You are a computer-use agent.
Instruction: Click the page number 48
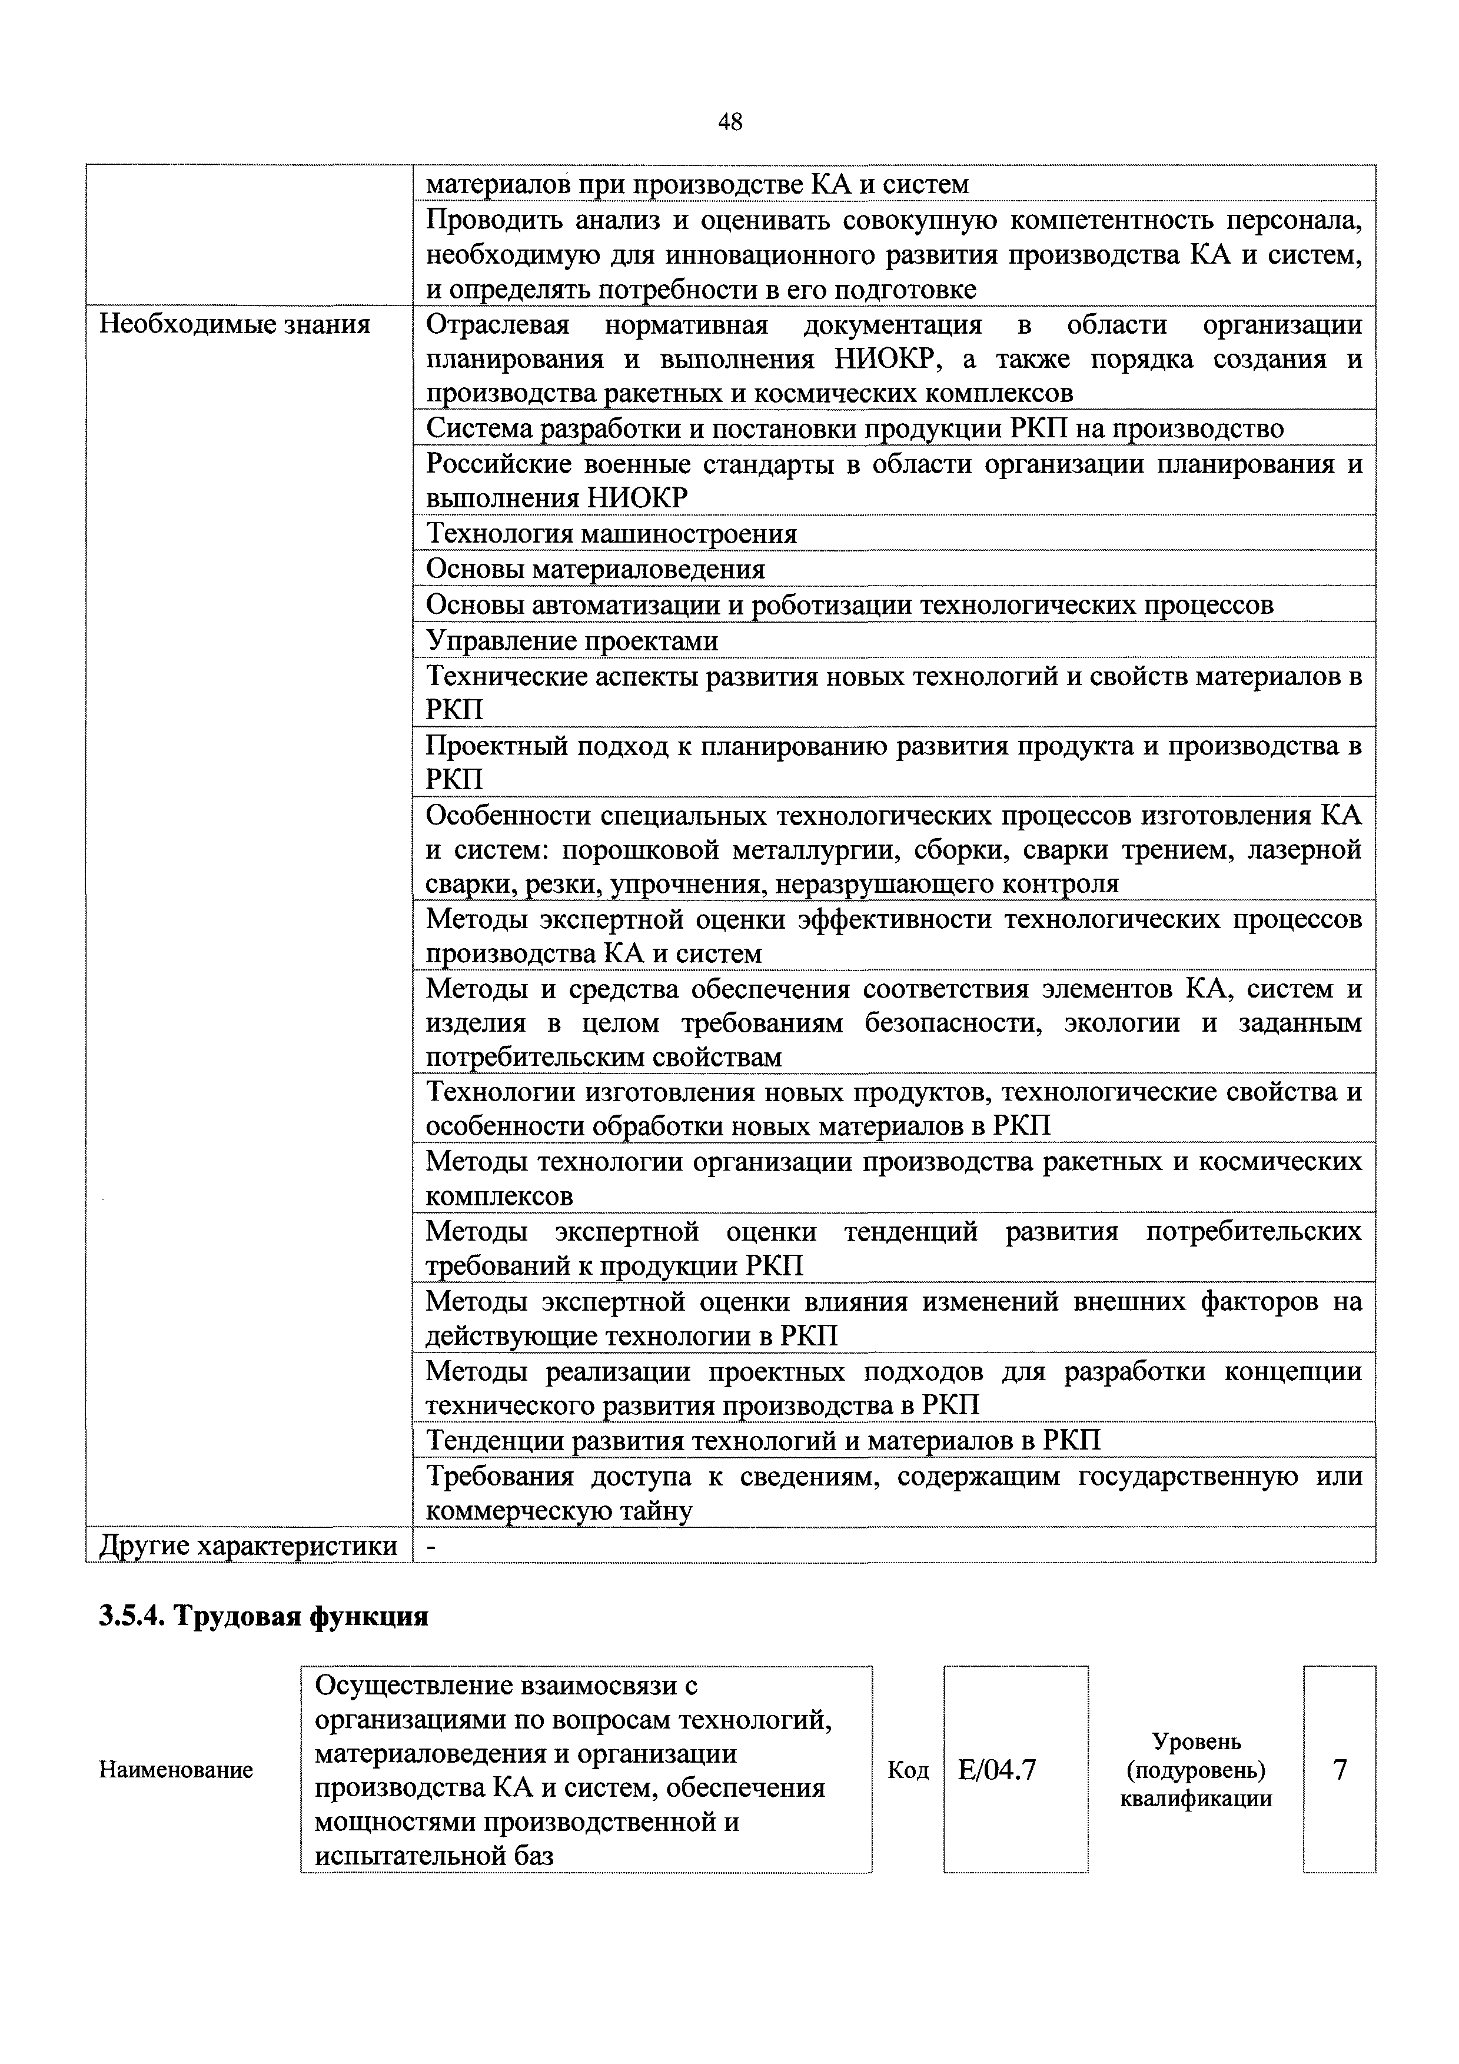[730, 122]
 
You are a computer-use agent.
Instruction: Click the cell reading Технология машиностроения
[611, 534]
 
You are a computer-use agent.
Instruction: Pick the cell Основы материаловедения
[595, 569]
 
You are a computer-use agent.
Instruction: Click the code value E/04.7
[997, 1770]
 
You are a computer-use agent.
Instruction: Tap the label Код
[908, 1770]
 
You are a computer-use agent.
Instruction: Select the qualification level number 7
[1340, 1770]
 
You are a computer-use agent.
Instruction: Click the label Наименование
[176, 1770]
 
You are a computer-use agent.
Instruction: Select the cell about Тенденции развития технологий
[762, 1441]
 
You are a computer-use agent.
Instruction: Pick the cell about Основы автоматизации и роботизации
[849, 605]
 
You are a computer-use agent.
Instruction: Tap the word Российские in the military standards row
[497, 465]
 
